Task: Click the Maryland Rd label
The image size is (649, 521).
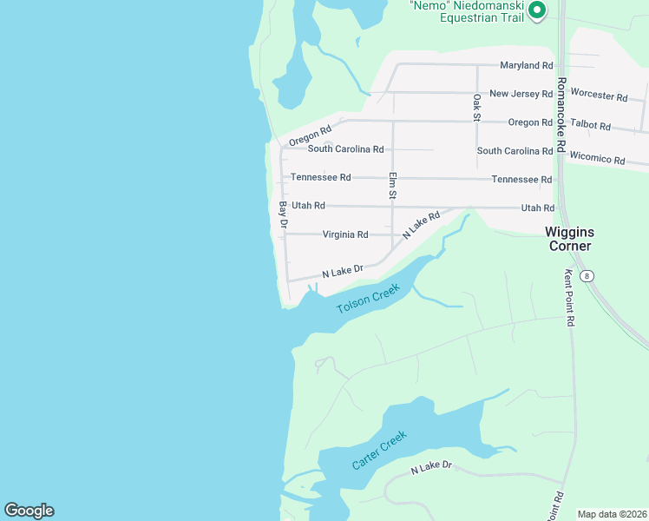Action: (527, 65)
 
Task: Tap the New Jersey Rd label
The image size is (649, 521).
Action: (521, 94)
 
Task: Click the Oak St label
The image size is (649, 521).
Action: (476, 108)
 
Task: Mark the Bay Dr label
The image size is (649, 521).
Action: (283, 214)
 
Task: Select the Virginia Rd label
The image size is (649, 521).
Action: (345, 234)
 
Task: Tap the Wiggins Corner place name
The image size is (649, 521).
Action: (568, 239)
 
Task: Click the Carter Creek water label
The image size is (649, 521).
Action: (379, 451)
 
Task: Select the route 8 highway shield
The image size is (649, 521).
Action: (588, 276)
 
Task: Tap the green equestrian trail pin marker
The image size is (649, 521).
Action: (536, 10)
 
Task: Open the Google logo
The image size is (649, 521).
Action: (29, 511)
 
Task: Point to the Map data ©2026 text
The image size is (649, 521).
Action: (611, 514)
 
